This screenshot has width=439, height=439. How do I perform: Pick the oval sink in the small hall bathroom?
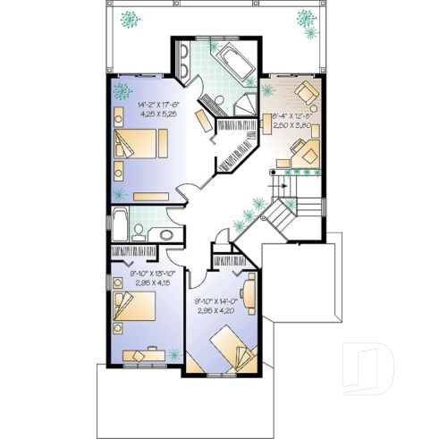click(166, 235)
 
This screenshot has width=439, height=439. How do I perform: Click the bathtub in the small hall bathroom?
click(119, 225)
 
